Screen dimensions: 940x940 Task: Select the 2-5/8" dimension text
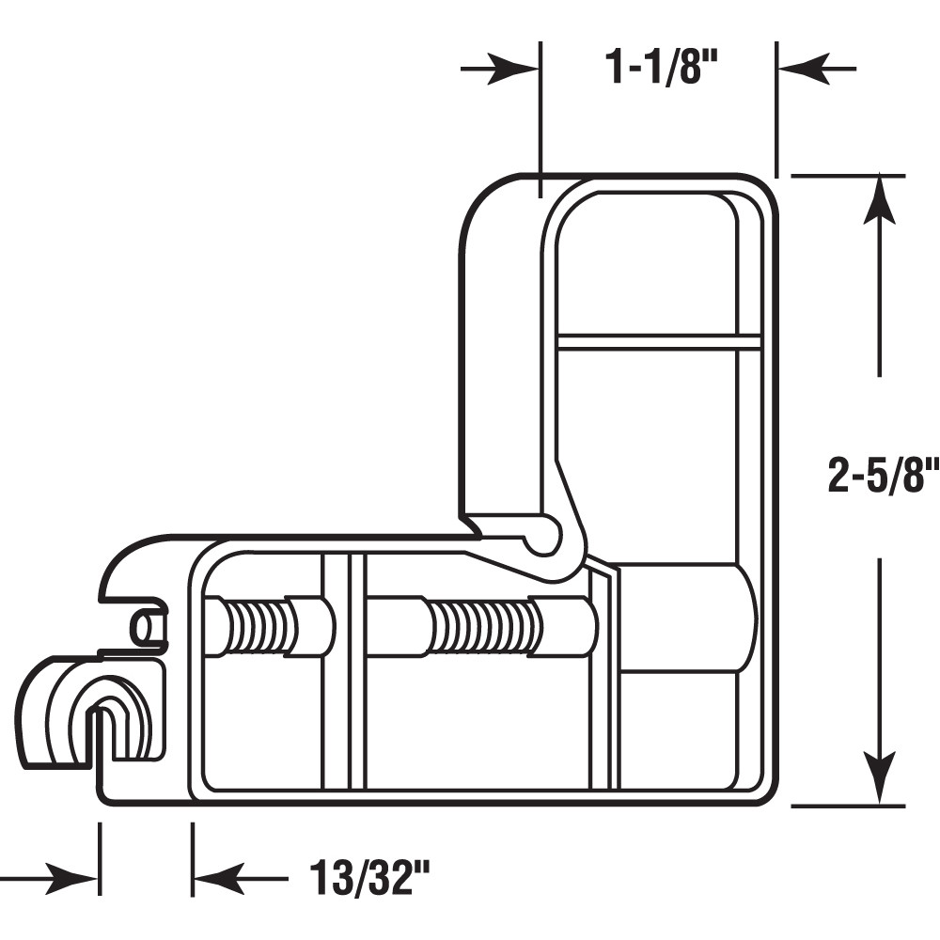[x=882, y=476]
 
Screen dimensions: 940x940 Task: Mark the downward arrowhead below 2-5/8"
[x=880, y=780]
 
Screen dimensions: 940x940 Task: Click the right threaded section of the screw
[x=485, y=627]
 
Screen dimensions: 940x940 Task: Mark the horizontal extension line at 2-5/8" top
[x=846, y=176]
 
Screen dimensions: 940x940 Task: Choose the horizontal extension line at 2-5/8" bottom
[x=846, y=806]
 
